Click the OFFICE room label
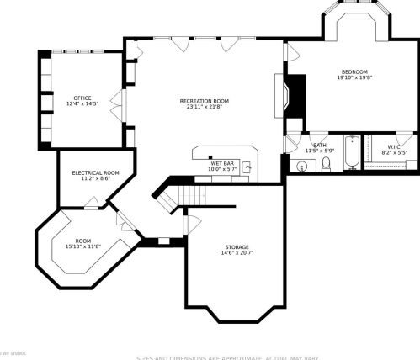pyautogui.click(x=82, y=98)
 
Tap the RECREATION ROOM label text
pyautogui.click(x=204, y=101)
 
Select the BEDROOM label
pyautogui.click(x=354, y=71)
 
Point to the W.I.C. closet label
pyautogui.click(x=394, y=147)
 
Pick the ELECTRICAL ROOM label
pyautogui.click(x=95, y=172)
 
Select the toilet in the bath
pyautogui.click(x=324, y=165)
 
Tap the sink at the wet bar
pyautogui.click(x=247, y=167)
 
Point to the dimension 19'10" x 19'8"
pyautogui.click(x=354, y=77)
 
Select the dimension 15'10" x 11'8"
pyautogui.click(x=82, y=246)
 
